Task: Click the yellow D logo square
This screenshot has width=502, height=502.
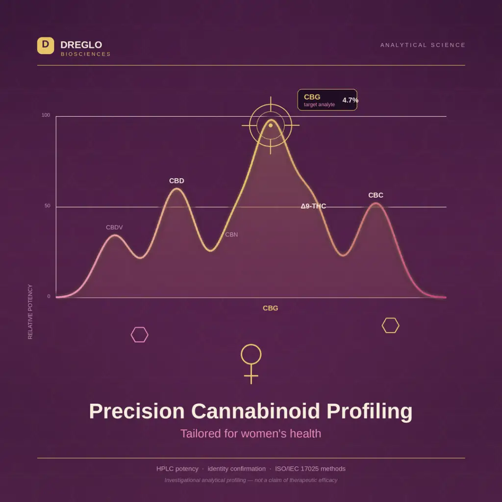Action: click(46, 46)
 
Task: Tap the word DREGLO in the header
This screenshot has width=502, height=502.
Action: click(81, 45)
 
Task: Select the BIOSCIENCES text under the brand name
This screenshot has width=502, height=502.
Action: click(86, 54)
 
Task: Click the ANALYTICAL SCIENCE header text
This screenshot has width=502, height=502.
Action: click(423, 45)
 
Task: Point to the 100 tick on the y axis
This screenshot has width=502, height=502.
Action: click(46, 115)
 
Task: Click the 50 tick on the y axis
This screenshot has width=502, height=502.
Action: click(48, 205)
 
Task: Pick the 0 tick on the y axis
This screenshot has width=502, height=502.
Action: click(49, 296)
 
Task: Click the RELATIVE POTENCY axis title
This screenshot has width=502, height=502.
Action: click(30, 311)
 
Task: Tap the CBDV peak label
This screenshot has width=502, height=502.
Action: click(114, 227)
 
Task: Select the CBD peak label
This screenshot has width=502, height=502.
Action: click(176, 181)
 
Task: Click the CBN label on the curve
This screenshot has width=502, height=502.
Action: click(231, 235)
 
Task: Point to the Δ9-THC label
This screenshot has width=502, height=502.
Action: click(313, 206)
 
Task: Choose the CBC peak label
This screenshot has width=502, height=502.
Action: click(376, 195)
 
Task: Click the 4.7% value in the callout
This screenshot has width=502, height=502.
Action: click(350, 100)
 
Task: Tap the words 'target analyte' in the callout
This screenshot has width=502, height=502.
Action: click(319, 105)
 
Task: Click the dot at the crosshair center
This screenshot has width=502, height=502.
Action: click(271, 125)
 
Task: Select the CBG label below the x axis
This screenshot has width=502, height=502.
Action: click(270, 308)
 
